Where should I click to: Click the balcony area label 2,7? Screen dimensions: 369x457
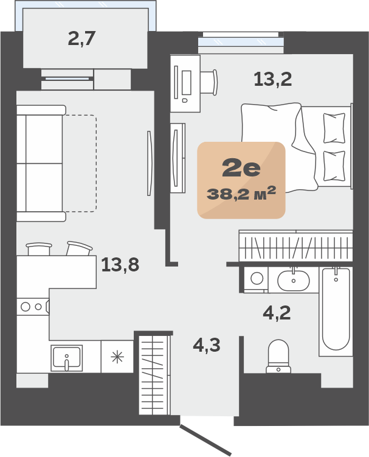tap(81, 39)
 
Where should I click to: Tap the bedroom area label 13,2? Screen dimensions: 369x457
tap(272, 79)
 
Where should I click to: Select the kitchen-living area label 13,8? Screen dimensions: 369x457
tap(120, 265)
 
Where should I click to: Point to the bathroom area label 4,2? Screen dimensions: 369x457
tap(277, 313)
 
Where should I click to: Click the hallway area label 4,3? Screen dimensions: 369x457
tap(207, 346)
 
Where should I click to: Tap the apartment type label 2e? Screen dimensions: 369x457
tap(241, 169)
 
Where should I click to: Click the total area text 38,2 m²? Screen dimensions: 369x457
tap(241, 194)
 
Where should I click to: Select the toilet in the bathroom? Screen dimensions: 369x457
tap(278, 356)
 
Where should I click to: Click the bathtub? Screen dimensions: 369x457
tap(336, 312)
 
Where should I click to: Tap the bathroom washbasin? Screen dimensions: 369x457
tap(293, 280)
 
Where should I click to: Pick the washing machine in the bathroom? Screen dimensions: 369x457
tap(257, 279)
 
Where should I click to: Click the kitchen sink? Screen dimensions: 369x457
tap(66, 358)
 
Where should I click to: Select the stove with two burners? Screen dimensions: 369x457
tap(33, 307)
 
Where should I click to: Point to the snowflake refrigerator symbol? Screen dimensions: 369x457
tap(117, 357)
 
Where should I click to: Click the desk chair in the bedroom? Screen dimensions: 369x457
tap(209, 82)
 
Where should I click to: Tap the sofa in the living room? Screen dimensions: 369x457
tap(41, 163)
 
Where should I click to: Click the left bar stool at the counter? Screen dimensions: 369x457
tap(39, 249)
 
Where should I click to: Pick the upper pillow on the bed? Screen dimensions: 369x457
tap(334, 128)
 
